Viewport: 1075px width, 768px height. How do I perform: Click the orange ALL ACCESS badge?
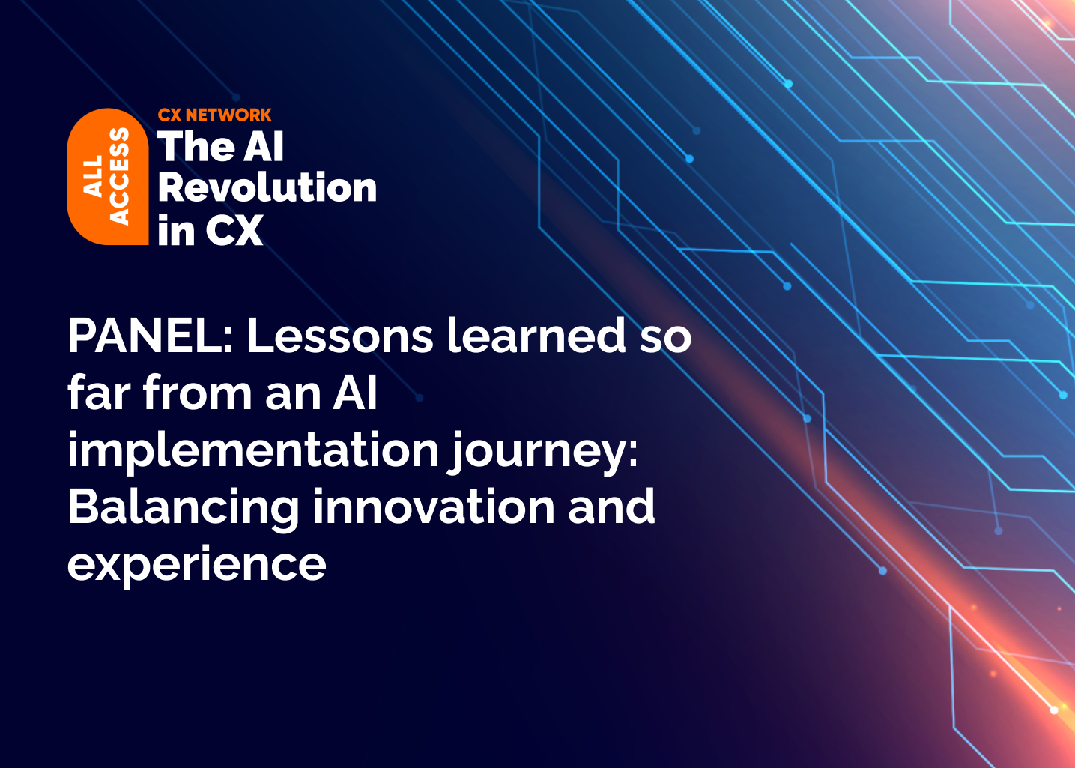tap(107, 177)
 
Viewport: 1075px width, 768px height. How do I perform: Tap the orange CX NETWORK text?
tap(214, 115)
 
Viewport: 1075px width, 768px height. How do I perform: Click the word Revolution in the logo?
tap(267, 187)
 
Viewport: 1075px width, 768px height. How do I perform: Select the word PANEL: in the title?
tap(151, 335)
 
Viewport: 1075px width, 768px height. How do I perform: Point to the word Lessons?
tap(339, 335)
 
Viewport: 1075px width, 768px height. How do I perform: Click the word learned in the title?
tap(536, 335)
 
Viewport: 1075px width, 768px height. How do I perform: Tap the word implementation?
tap(252, 450)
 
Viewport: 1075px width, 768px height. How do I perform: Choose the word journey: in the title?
tap(544, 451)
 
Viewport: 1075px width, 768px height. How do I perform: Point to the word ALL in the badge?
tap(93, 177)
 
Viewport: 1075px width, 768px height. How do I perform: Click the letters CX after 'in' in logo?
tap(234, 230)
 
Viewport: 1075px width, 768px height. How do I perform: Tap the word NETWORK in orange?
tap(228, 115)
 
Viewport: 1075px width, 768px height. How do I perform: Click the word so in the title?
tap(665, 336)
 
